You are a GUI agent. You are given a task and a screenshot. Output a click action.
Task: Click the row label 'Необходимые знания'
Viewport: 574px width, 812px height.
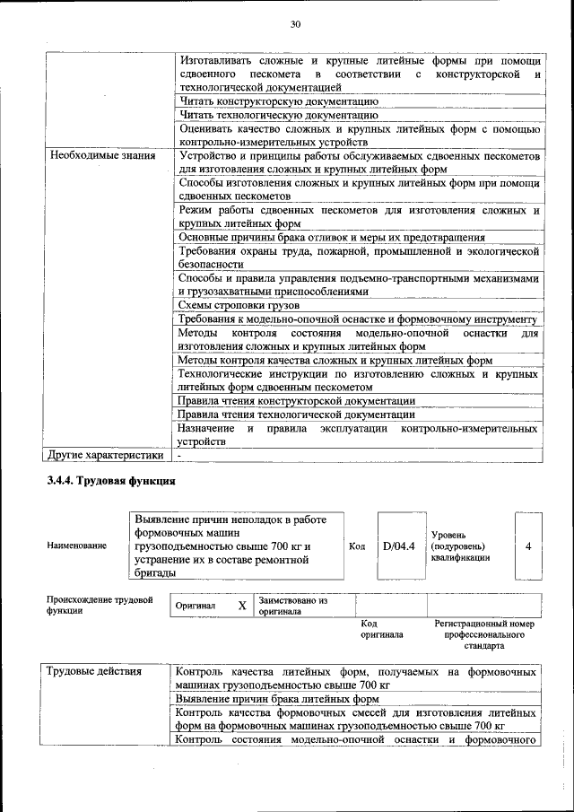pyautogui.click(x=102, y=156)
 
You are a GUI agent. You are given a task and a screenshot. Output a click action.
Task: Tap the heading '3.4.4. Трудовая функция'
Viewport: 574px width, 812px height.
pyautogui.click(x=110, y=482)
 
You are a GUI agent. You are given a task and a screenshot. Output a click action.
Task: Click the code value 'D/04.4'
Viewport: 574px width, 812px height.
pyautogui.click(x=398, y=546)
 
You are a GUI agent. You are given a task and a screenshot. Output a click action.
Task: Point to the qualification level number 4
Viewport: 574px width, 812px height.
pyautogui.click(x=528, y=546)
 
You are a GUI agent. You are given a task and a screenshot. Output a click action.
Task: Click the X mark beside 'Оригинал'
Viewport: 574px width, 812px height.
pyautogui.click(x=242, y=606)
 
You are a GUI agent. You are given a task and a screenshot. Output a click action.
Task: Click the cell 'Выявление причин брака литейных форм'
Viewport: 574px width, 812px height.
pyautogui.click(x=277, y=698)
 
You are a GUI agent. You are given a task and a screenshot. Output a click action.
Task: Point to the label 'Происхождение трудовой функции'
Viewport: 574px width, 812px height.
pyautogui.click(x=100, y=605)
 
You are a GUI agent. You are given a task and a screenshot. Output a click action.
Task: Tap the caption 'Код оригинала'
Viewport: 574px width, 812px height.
pyautogui.click(x=381, y=628)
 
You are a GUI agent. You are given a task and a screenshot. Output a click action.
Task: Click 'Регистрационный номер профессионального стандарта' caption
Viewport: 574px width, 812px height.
pyautogui.click(x=483, y=633)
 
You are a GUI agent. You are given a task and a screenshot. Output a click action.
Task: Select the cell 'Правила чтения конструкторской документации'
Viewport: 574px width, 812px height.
pyautogui.click(x=297, y=400)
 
